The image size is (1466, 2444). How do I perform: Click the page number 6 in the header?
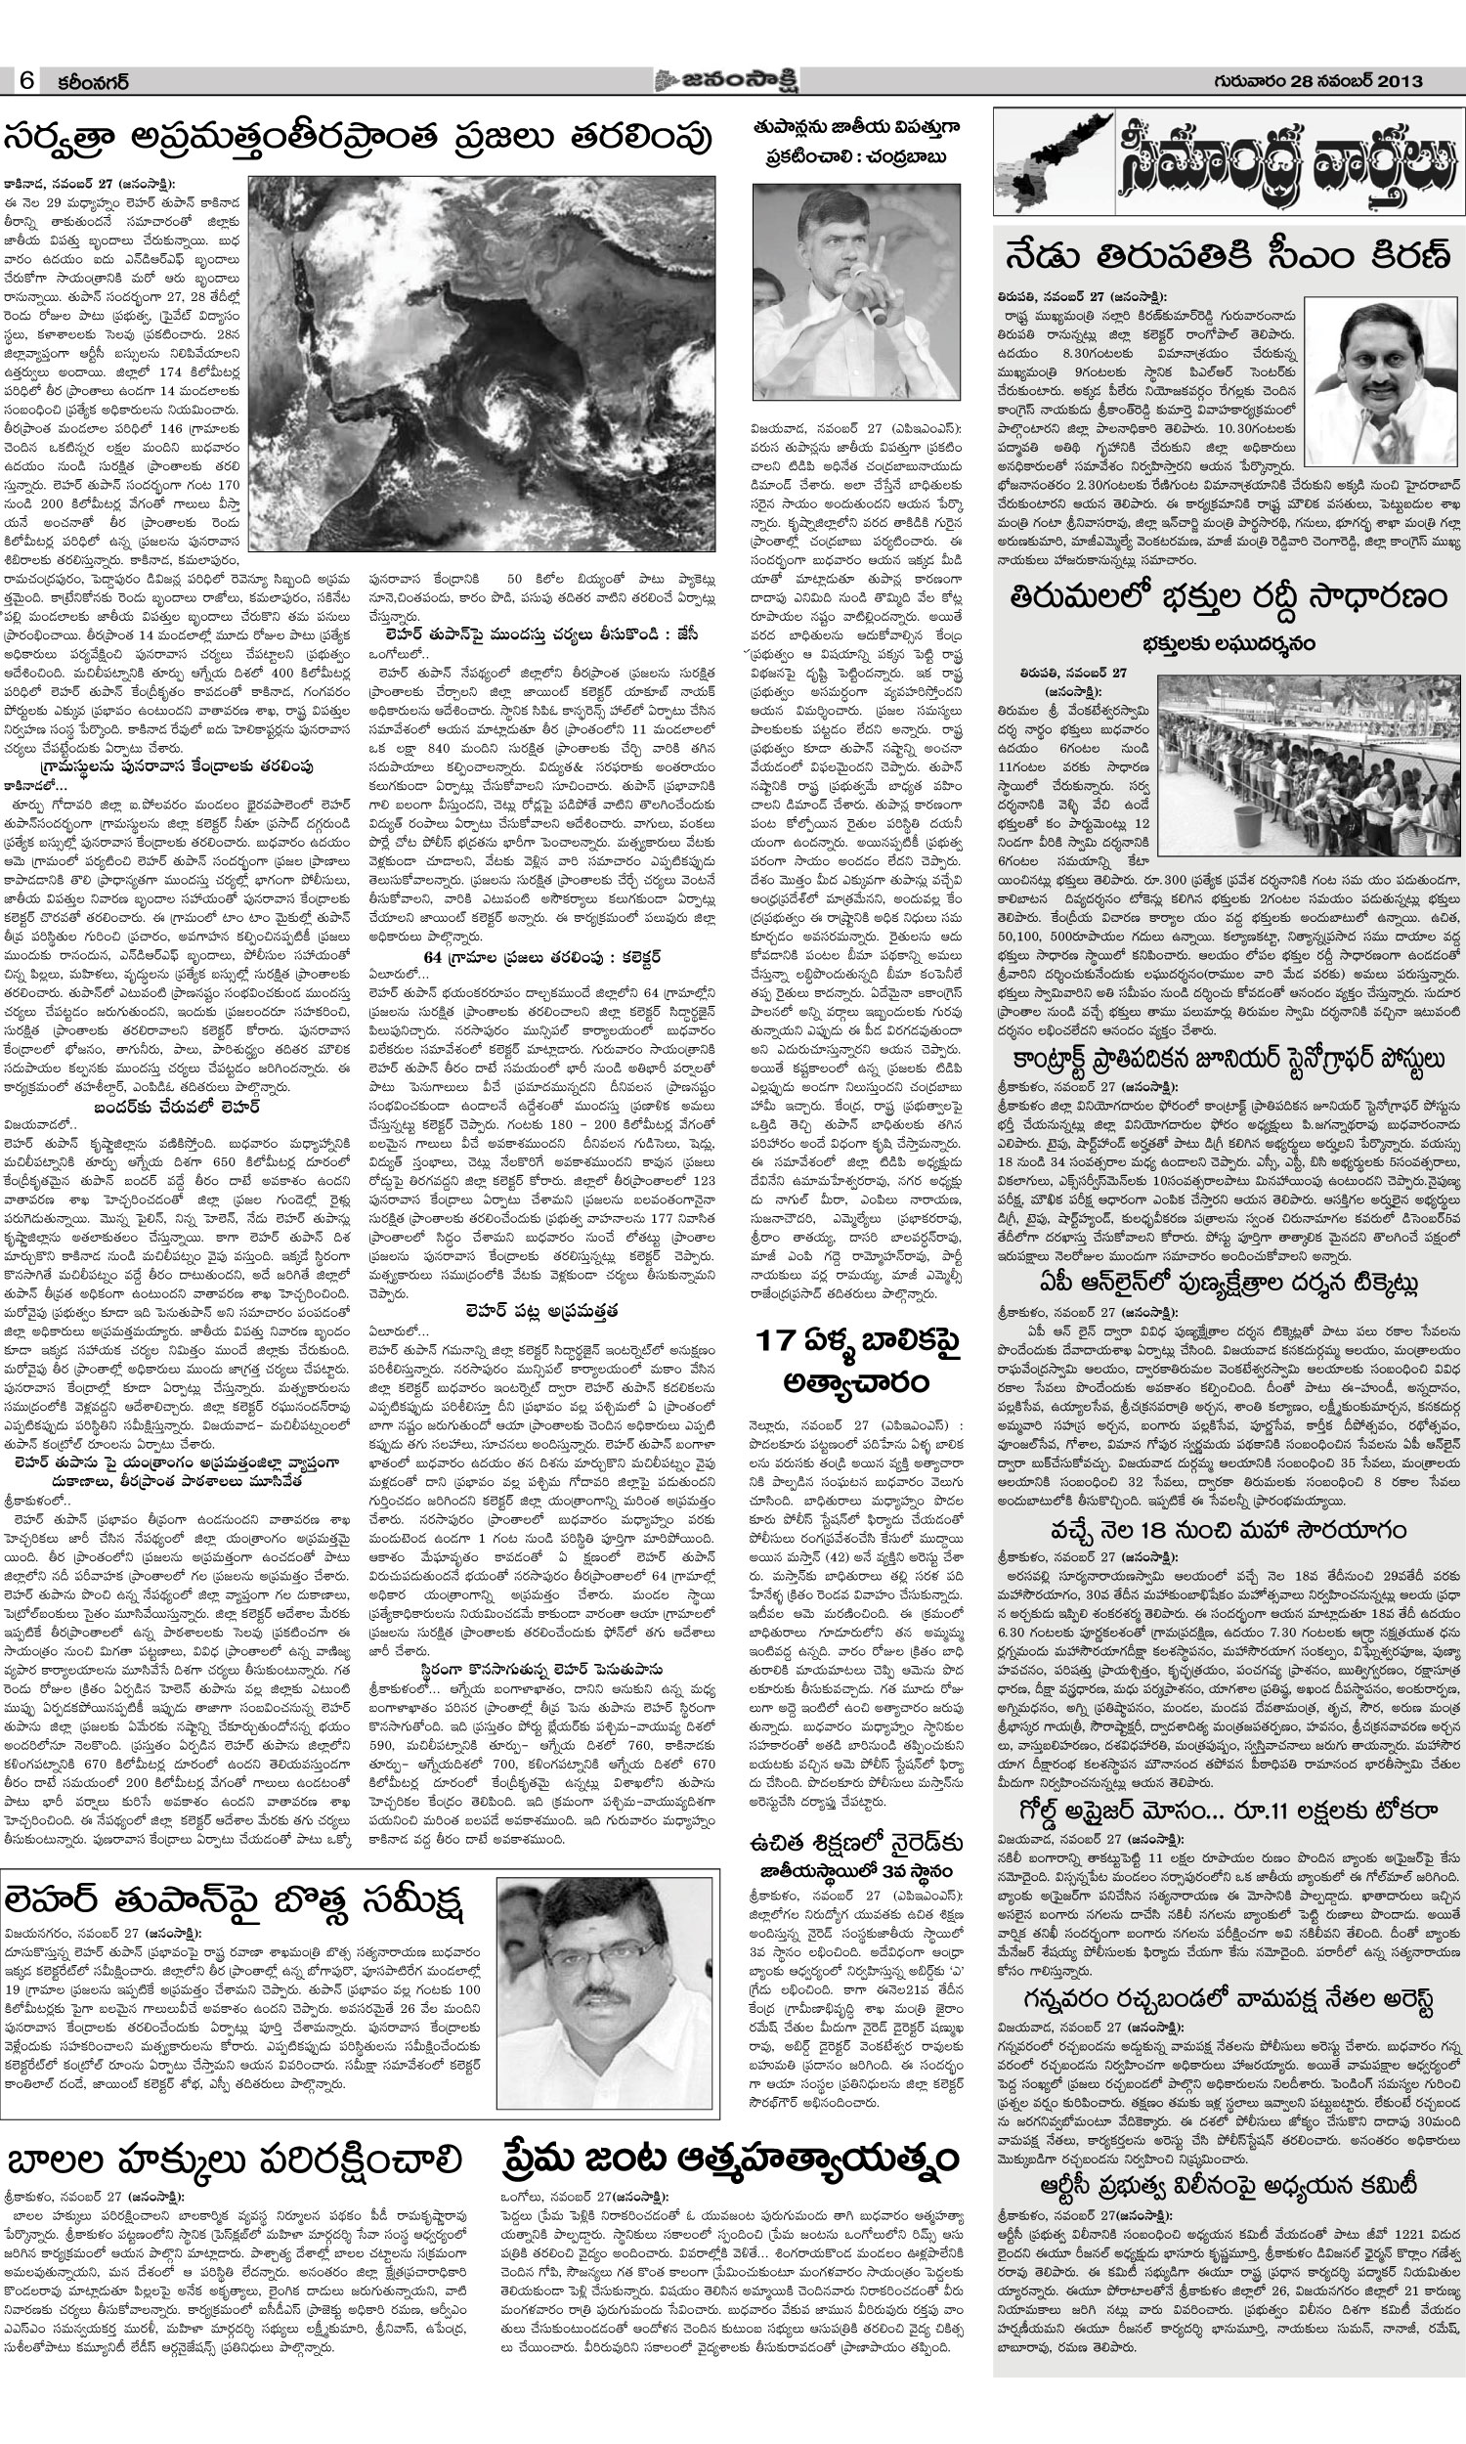(x=26, y=82)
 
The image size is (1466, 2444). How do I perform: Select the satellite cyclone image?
(x=481, y=364)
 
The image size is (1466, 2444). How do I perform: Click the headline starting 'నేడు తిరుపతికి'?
(x=1229, y=255)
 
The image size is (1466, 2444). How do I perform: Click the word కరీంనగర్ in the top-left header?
(x=93, y=83)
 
